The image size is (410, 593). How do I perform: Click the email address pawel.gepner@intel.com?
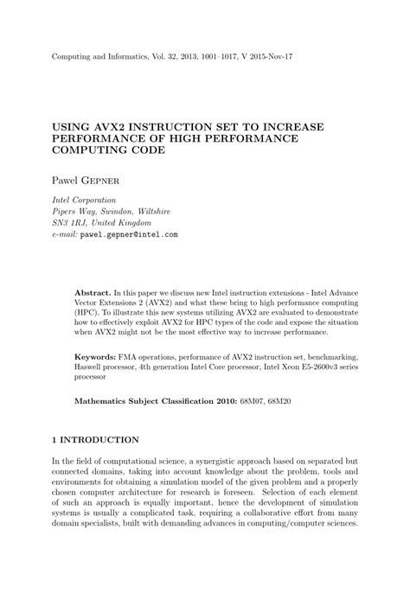(x=129, y=234)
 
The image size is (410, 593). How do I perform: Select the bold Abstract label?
(x=93, y=292)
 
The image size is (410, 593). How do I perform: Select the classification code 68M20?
(x=285, y=401)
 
